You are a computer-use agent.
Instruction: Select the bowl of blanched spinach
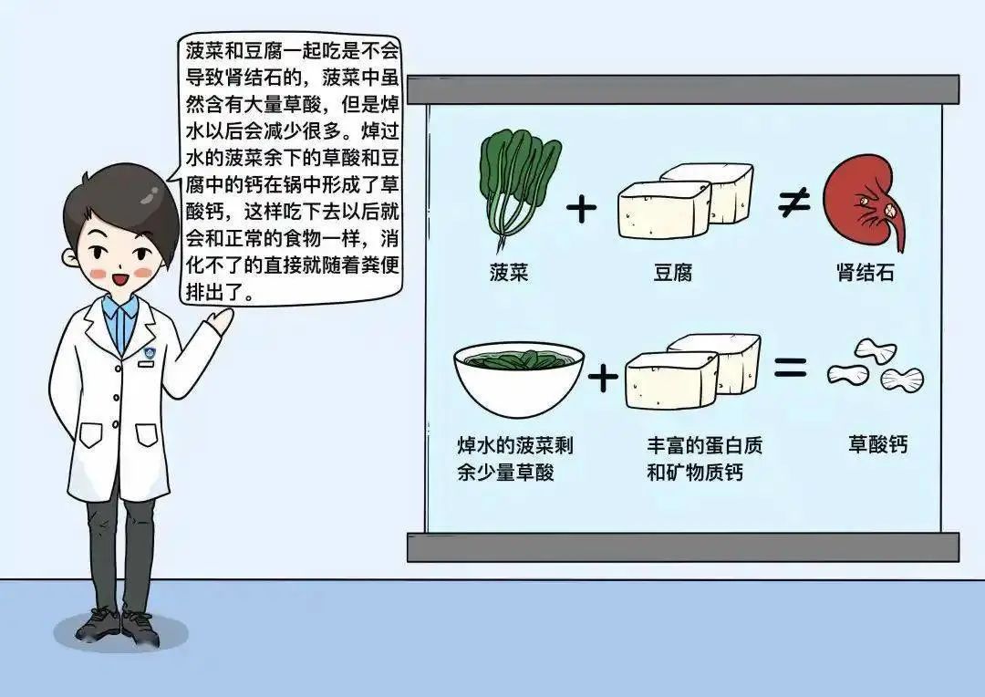(519, 380)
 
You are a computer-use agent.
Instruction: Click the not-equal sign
(793, 203)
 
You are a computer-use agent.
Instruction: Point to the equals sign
(790, 367)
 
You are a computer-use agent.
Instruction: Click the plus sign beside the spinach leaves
(581, 208)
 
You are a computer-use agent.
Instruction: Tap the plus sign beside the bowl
(603, 378)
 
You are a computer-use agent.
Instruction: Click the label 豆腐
(673, 273)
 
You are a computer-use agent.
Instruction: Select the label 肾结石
(865, 272)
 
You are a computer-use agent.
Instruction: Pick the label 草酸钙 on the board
(877, 444)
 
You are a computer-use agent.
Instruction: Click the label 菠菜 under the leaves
(509, 272)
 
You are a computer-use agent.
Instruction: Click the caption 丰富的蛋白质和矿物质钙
(704, 459)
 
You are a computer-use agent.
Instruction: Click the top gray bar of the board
(683, 89)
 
